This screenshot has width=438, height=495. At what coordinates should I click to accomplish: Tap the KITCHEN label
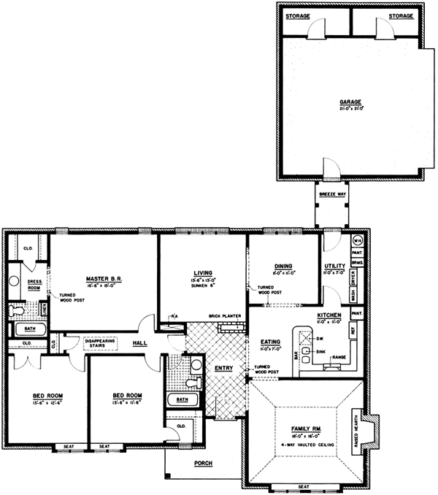point(330,315)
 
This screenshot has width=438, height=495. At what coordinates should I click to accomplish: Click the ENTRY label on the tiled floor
point(223,368)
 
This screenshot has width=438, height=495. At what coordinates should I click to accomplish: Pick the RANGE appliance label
point(339,356)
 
